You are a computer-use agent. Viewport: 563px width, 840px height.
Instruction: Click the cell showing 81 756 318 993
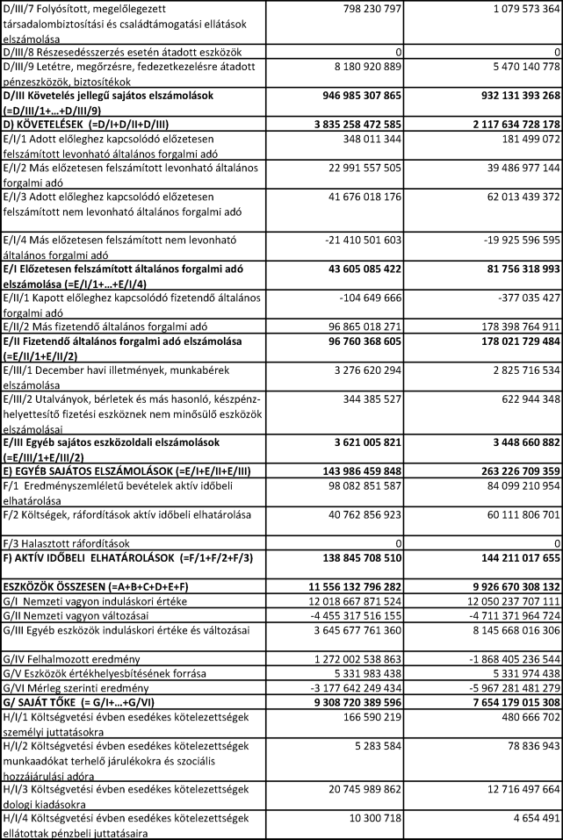pyautogui.click(x=507, y=267)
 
